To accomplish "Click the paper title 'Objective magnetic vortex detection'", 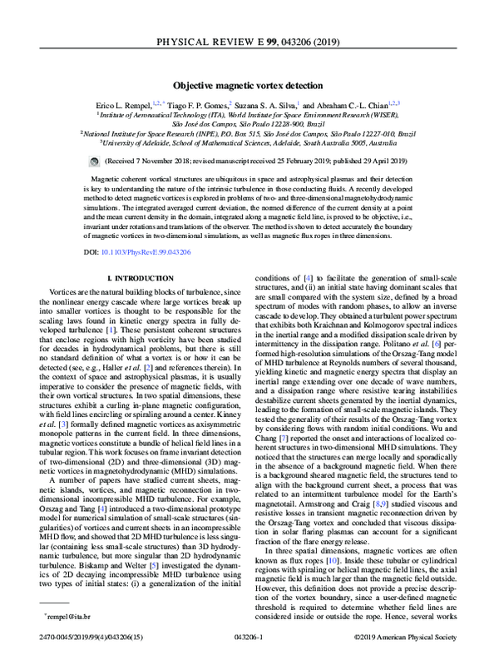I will pos(249,85).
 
